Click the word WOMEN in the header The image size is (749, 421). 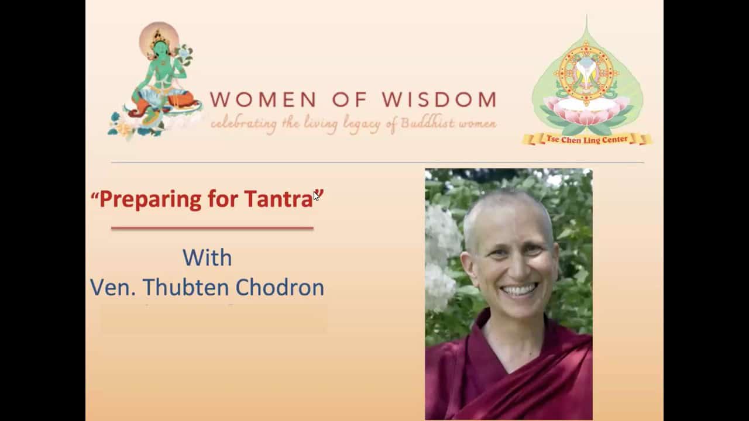[x=263, y=99]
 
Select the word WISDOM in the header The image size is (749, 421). [x=439, y=99]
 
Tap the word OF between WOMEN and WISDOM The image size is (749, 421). [x=350, y=99]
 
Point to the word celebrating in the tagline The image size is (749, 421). [x=244, y=125]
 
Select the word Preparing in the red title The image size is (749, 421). [x=150, y=200]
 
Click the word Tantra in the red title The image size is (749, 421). [x=279, y=199]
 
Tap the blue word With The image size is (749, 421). [x=207, y=258]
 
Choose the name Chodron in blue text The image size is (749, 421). [x=280, y=287]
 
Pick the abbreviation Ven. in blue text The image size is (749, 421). [x=113, y=288]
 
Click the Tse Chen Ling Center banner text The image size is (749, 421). [x=587, y=139]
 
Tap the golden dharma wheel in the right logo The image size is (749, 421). [x=586, y=73]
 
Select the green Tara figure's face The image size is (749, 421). [x=160, y=49]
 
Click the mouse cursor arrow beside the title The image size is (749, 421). [x=317, y=196]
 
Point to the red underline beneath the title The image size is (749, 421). [x=212, y=228]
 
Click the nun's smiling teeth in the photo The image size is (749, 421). [x=518, y=289]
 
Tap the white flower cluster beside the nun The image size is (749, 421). [x=441, y=257]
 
